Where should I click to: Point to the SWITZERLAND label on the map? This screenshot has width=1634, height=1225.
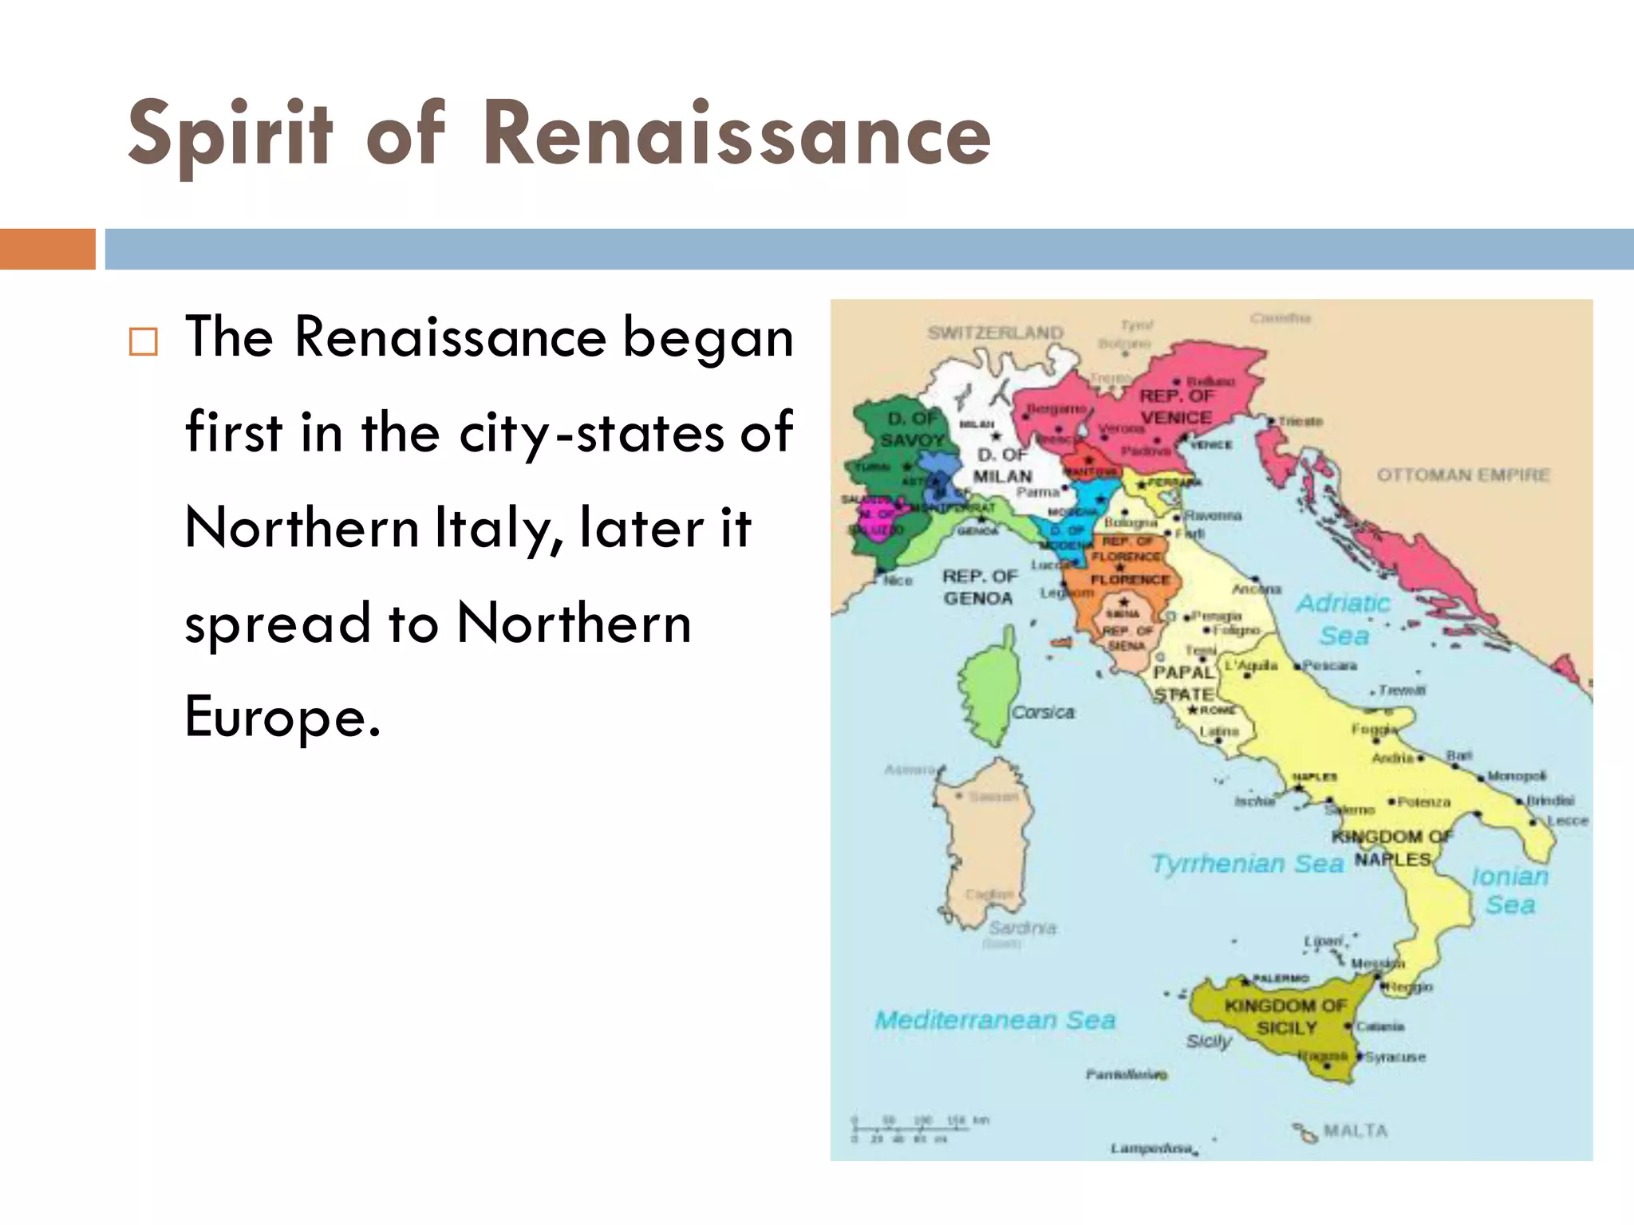pyautogui.click(x=995, y=333)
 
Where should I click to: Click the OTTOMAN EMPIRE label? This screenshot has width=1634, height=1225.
pyautogui.click(x=1463, y=475)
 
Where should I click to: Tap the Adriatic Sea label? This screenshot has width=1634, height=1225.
pyautogui.click(x=1344, y=619)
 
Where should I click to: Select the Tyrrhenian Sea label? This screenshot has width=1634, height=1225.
pyautogui.click(x=1247, y=863)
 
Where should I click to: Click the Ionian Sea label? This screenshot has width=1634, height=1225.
pyautogui.click(x=1510, y=890)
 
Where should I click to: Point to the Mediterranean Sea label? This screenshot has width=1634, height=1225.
pyautogui.click(x=995, y=1020)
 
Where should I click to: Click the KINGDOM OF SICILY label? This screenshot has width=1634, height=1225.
pyautogui.click(x=1285, y=1017)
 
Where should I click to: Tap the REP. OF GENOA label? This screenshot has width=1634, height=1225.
pyautogui.click(x=979, y=587)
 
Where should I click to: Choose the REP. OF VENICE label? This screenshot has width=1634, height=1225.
pyautogui.click(x=1176, y=407)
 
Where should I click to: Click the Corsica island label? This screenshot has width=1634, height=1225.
pyautogui.click(x=1043, y=712)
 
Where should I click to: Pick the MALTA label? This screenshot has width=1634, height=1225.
pyautogui.click(x=1355, y=1130)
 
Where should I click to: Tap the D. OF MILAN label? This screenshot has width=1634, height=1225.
pyautogui.click(x=1002, y=466)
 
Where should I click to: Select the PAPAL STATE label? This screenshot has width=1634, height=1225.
pyautogui.click(x=1184, y=683)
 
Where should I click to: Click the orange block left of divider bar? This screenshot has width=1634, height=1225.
pyautogui.click(x=47, y=249)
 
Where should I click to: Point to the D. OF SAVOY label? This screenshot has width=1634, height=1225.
pyautogui.click(x=912, y=429)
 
